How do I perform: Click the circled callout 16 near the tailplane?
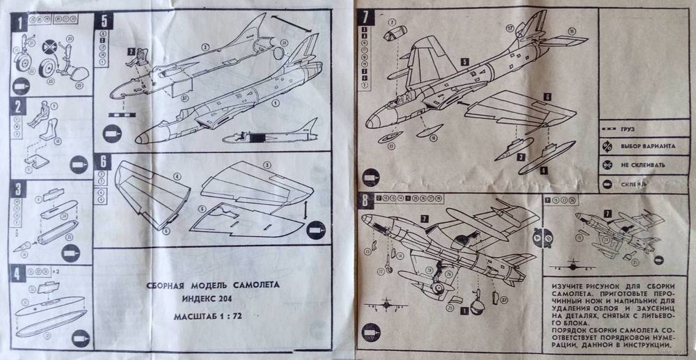tap(572, 31)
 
